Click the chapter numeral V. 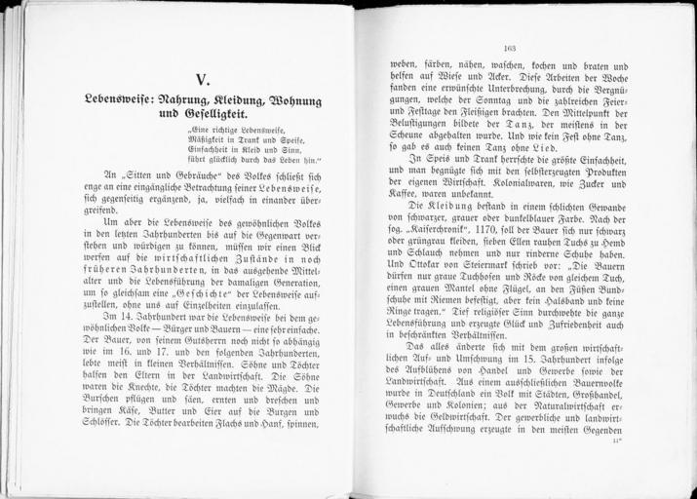[x=202, y=80]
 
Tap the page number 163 [x=509, y=47]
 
